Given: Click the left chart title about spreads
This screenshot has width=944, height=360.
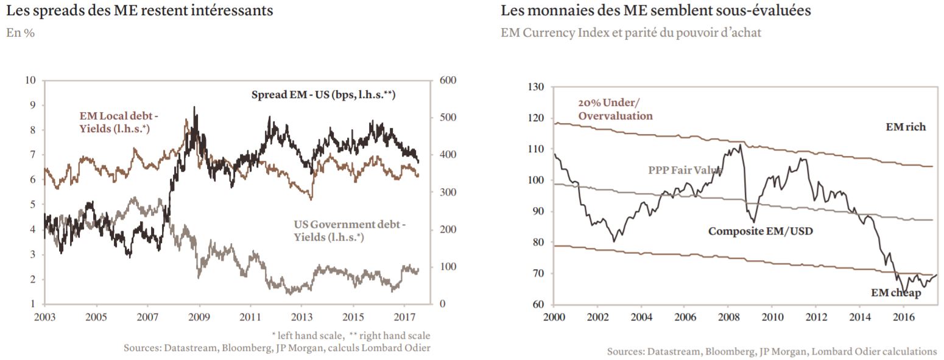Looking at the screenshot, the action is (x=139, y=10).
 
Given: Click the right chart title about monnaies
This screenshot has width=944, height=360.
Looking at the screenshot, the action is (x=656, y=10).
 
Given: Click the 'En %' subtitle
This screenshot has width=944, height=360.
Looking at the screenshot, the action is (x=20, y=33).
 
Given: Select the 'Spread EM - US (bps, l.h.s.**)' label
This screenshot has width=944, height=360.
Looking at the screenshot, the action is (x=323, y=94).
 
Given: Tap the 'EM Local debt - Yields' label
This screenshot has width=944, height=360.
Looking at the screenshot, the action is (x=118, y=122).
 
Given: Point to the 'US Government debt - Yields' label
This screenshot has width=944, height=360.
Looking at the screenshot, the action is (x=350, y=231).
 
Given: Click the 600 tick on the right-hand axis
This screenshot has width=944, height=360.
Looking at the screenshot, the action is (x=448, y=80).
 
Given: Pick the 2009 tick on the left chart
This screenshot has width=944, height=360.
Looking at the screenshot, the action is (x=199, y=317).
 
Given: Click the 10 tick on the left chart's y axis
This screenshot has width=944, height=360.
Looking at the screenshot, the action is (x=30, y=80).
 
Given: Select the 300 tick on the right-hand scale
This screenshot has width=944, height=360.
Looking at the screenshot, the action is (x=448, y=192).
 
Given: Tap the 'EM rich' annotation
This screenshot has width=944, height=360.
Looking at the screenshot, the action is (x=906, y=127).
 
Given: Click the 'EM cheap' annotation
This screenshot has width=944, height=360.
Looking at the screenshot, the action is (x=896, y=293).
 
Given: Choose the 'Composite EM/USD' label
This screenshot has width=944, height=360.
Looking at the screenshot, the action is (x=761, y=231).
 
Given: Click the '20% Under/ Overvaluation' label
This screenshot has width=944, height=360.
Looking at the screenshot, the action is (x=615, y=109).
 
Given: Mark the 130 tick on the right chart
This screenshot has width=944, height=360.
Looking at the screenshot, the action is (x=535, y=87).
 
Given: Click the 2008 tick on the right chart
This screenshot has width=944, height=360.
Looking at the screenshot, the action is (x=729, y=317).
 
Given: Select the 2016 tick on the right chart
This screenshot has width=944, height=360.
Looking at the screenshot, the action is (x=904, y=317).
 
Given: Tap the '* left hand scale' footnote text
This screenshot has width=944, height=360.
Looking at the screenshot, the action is (x=308, y=336).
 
